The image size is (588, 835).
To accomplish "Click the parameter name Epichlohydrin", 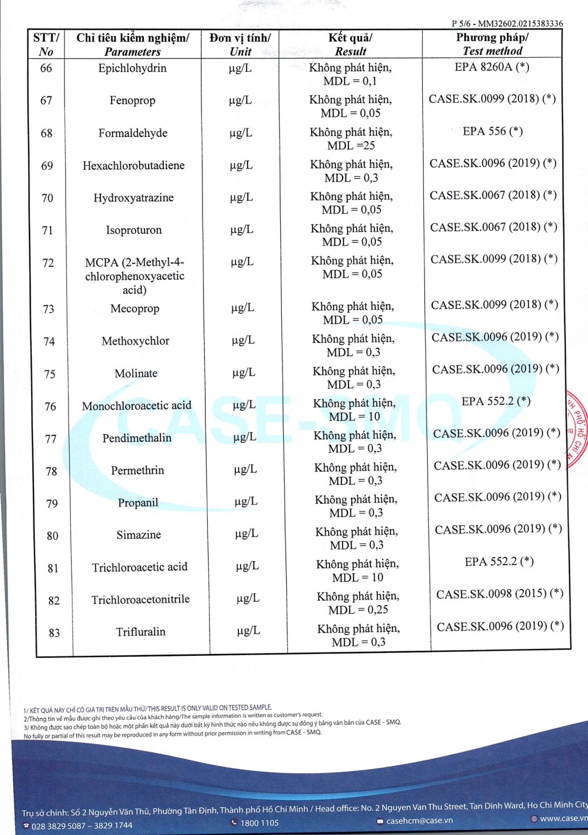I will (x=132, y=68).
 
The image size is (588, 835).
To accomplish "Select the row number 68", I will (x=47, y=134).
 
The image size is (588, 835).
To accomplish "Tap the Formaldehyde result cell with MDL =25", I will (x=351, y=139).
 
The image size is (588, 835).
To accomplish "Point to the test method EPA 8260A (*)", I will (x=492, y=67).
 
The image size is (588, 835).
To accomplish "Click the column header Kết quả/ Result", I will (x=350, y=45).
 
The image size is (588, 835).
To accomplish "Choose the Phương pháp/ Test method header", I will (x=492, y=44).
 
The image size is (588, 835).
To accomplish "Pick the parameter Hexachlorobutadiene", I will (x=133, y=166).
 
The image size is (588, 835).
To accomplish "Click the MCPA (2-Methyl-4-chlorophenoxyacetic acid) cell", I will (x=134, y=276).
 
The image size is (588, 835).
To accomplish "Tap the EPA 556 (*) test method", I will (x=493, y=131).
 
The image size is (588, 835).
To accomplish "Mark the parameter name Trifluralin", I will (x=140, y=632).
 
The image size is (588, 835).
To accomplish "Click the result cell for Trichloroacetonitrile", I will (x=358, y=603).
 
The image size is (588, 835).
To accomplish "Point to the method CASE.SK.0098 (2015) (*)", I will (x=499, y=594).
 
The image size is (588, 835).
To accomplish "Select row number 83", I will (x=54, y=633).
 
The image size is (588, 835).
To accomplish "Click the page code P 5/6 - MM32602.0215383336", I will (x=507, y=23).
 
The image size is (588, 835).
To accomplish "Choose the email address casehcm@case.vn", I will (x=419, y=821).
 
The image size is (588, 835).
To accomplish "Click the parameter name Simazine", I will (x=139, y=535).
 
